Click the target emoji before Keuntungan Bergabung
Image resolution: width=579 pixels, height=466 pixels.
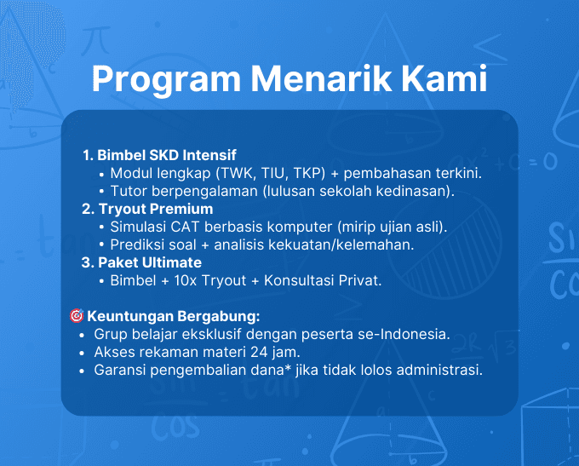click(76, 316)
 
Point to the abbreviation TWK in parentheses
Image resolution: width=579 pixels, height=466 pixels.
click(240, 174)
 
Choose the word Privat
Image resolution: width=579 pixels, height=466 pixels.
click(359, 279)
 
